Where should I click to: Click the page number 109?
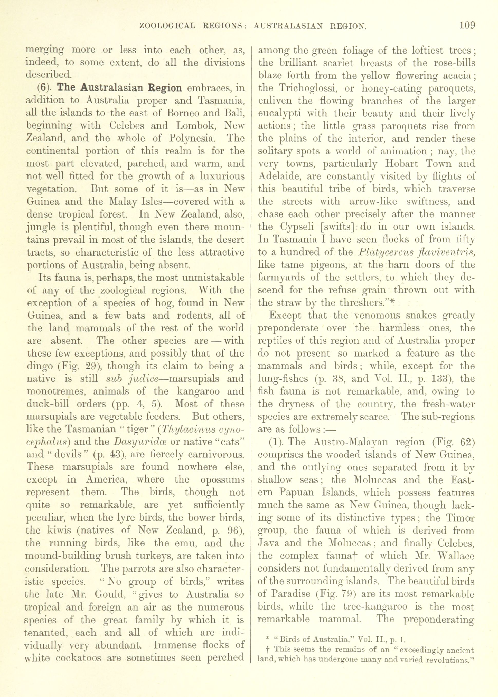click(467, 25)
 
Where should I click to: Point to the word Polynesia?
click(191, 139)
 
